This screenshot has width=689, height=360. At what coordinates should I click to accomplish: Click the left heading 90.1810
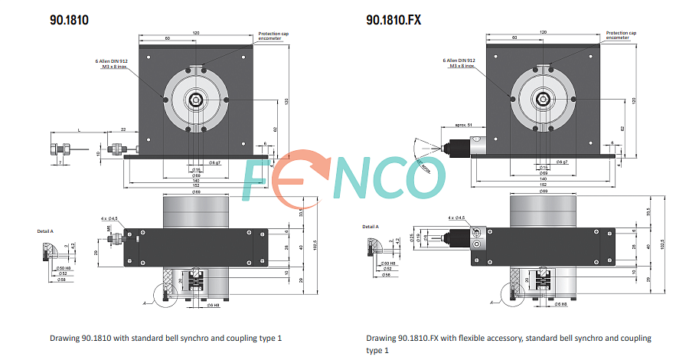tap(69, 20)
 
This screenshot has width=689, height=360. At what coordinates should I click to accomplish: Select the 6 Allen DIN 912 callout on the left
tap(108, 63)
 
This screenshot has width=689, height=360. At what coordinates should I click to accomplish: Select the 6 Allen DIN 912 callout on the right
tap(459, 63)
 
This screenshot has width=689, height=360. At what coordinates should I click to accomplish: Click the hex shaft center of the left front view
tap(196, 100)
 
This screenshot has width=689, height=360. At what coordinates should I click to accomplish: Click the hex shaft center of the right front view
tap(542, 100)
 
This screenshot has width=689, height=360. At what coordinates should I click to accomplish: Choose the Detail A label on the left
tap(45, 231)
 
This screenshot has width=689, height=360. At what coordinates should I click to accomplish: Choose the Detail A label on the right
tap(371, 227)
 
